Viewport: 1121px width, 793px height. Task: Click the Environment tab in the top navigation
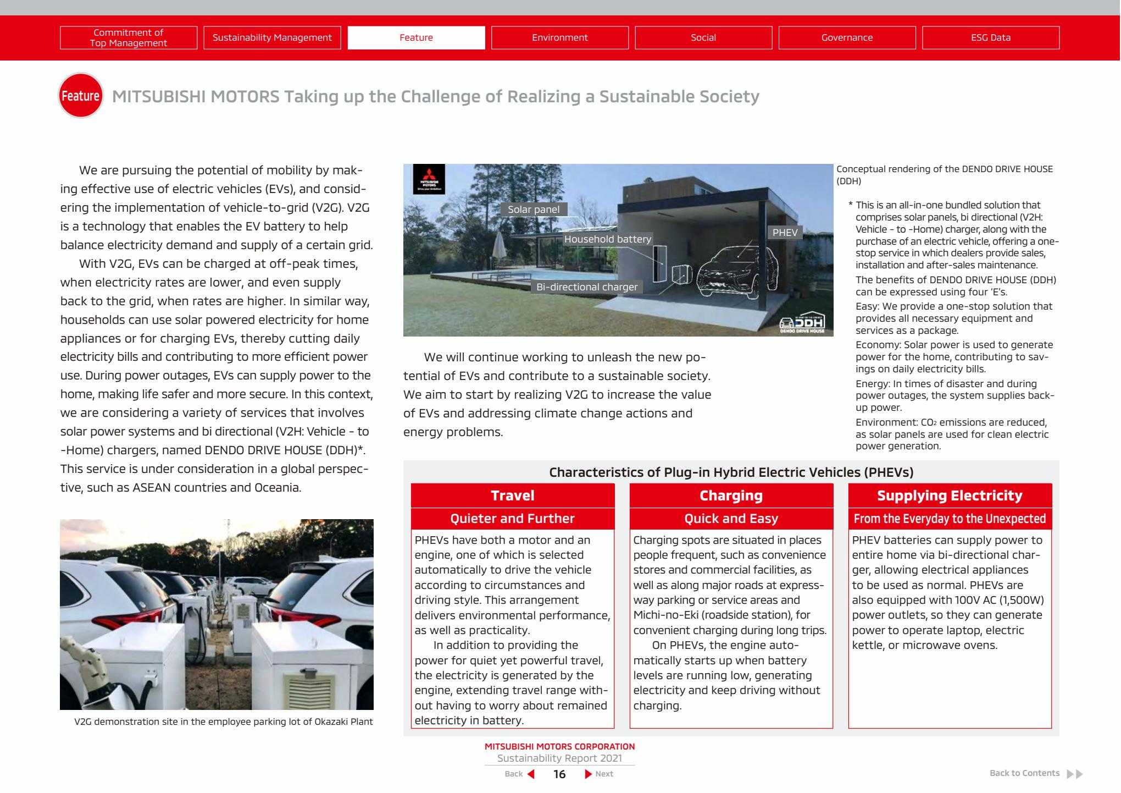[x=559, y=37]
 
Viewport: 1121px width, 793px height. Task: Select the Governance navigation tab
[x=847, y=37]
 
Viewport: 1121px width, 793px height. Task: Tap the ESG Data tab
[x=990, y=37]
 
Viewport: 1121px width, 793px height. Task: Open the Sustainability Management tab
[x=272, y=37]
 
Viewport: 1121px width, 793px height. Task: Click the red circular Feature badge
[x=80, y=96]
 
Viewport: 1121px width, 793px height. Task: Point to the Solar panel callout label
[x=534, y=210]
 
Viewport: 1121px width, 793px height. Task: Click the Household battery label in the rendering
[x=607, y=239]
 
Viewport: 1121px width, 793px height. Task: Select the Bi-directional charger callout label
[x=587, y=287]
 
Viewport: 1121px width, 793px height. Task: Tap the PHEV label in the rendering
[x=785, y=233]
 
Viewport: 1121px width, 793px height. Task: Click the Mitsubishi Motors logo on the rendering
[x=429, y=179]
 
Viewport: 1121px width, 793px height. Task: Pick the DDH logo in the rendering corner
[x=802, y=323]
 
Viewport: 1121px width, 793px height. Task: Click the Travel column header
[x=512, y=495]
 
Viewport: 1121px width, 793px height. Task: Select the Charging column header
[x=731, y=495]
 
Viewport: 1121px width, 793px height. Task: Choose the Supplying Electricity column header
[x=950, y=495]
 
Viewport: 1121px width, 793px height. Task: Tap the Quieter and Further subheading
[x=512, y=519]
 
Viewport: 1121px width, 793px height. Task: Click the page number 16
[x=559, y=774]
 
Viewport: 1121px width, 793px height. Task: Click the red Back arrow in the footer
[x=531, y=774]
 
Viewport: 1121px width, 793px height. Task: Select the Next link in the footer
[x=603, y=774]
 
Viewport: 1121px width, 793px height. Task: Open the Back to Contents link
[x=1024, y=773]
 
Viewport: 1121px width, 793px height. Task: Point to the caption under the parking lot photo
[x=223, y=722]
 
